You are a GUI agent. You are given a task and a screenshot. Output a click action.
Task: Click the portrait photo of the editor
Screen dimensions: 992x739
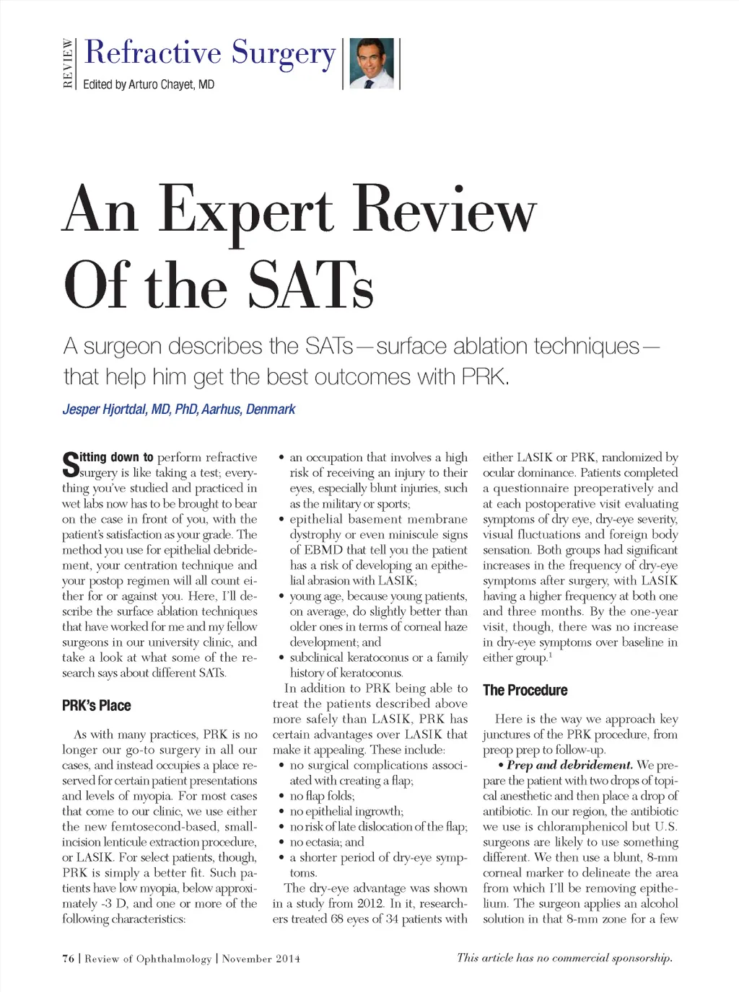[372, 64]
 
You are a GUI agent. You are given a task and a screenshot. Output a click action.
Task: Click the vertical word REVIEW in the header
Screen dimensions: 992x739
[68, 64]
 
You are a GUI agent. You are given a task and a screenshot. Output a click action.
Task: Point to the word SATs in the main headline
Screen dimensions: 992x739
[311, 286]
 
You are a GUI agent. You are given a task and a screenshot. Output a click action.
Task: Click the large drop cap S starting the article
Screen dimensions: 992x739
[70, 464]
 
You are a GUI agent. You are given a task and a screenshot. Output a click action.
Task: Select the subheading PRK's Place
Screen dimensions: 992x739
[96, 706]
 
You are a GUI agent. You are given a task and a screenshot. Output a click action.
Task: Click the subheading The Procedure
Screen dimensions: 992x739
[525, 691]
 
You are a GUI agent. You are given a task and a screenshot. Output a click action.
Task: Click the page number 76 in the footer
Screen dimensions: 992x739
[69, 959]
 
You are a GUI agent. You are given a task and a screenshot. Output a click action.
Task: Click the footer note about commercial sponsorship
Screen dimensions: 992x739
[564, 958]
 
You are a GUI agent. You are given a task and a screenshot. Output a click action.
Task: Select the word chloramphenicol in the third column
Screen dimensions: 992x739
[580, 827]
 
